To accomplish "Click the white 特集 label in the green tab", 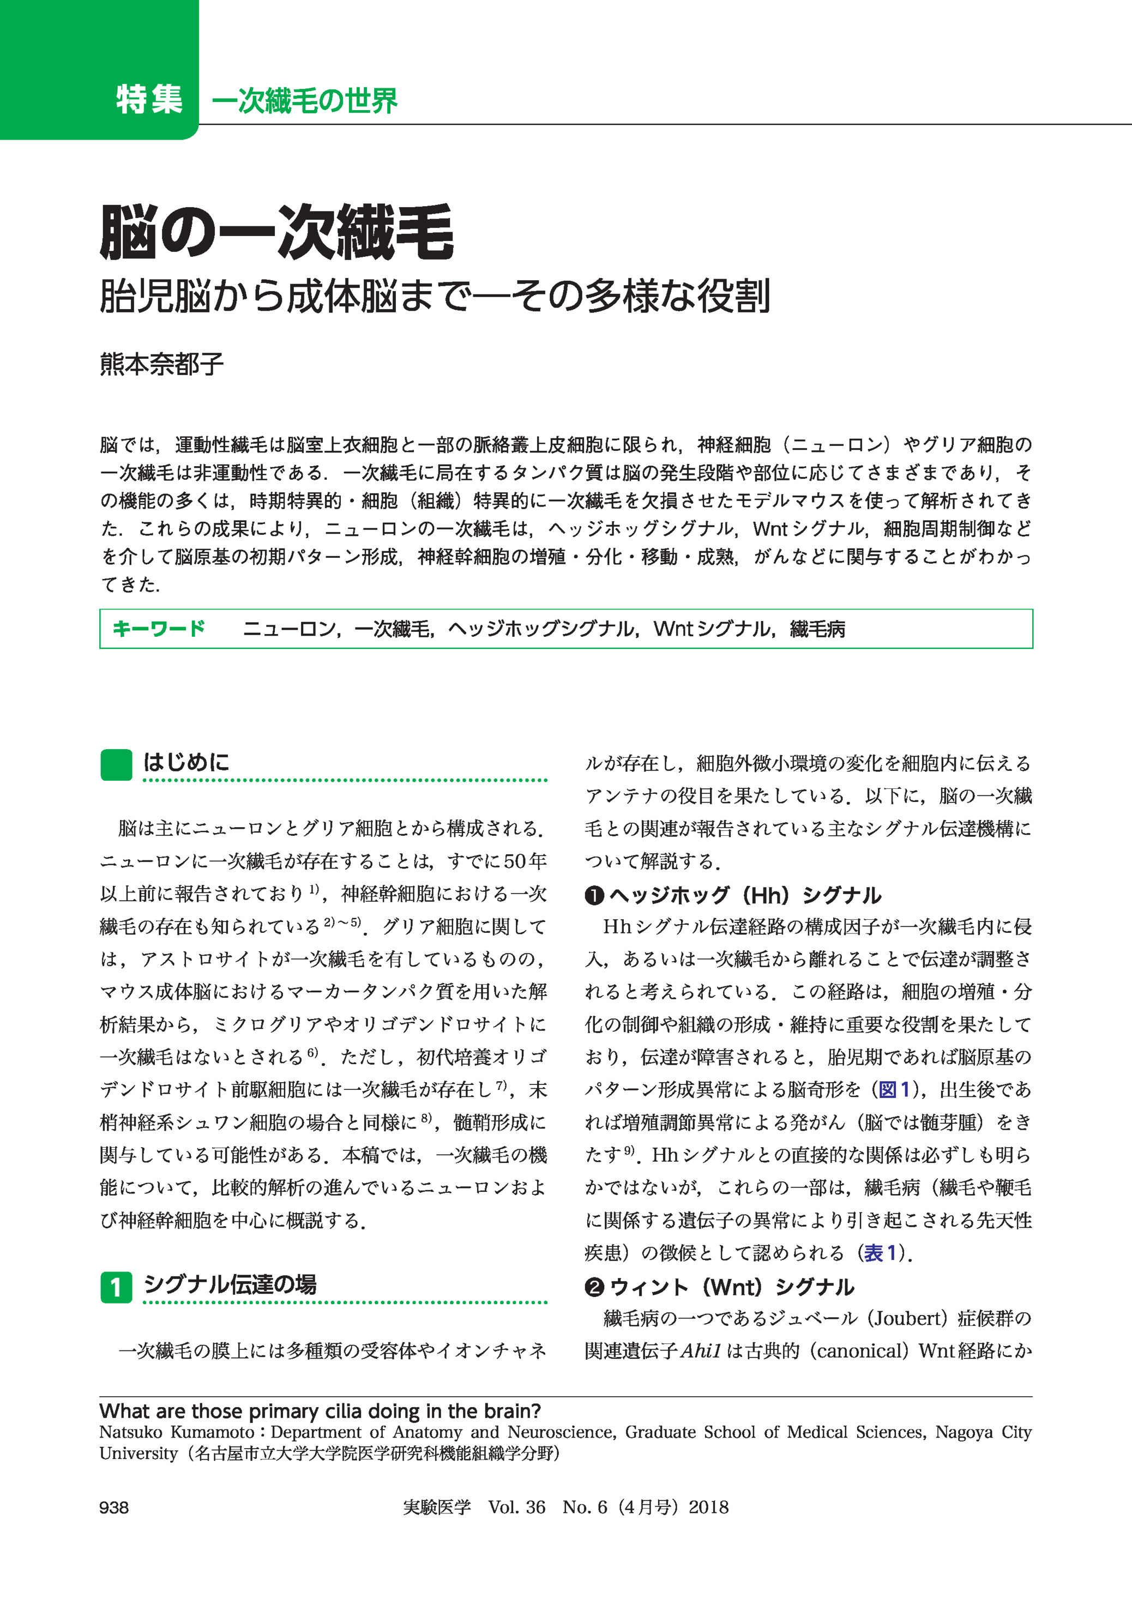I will [x=149, y=100].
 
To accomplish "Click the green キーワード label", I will [x=159, y=629].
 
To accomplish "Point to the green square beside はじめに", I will [x=116, y=764].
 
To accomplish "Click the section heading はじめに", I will [x=186, y=762].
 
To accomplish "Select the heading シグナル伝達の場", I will [x=230, y=1284].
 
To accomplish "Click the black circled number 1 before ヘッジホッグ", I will [x=594, y=896].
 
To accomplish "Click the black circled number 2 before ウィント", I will [x=594, y=1287].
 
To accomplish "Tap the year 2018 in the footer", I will [x=708, y=1507].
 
